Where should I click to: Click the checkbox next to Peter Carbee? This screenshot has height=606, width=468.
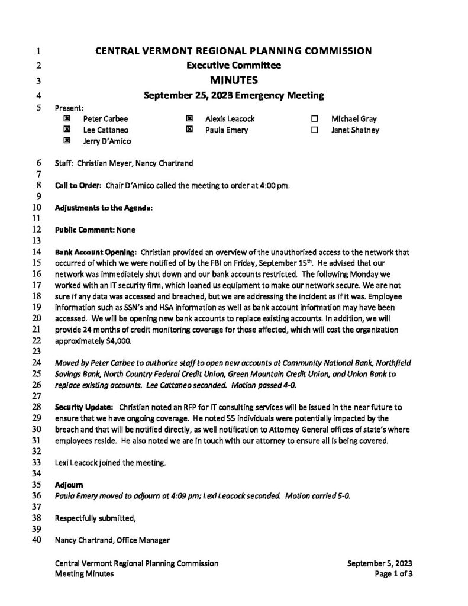click(67, 119)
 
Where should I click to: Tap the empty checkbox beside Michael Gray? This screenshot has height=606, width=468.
click(314, 119)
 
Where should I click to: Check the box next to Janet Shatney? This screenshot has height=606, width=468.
click(314, 130)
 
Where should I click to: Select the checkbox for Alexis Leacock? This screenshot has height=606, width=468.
click(190, 119)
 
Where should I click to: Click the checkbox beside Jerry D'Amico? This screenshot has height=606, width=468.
click(67, 141)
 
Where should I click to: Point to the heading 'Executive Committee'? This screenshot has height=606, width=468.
click(234, 65)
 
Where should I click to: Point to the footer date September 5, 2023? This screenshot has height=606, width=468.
click(380, 564)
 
